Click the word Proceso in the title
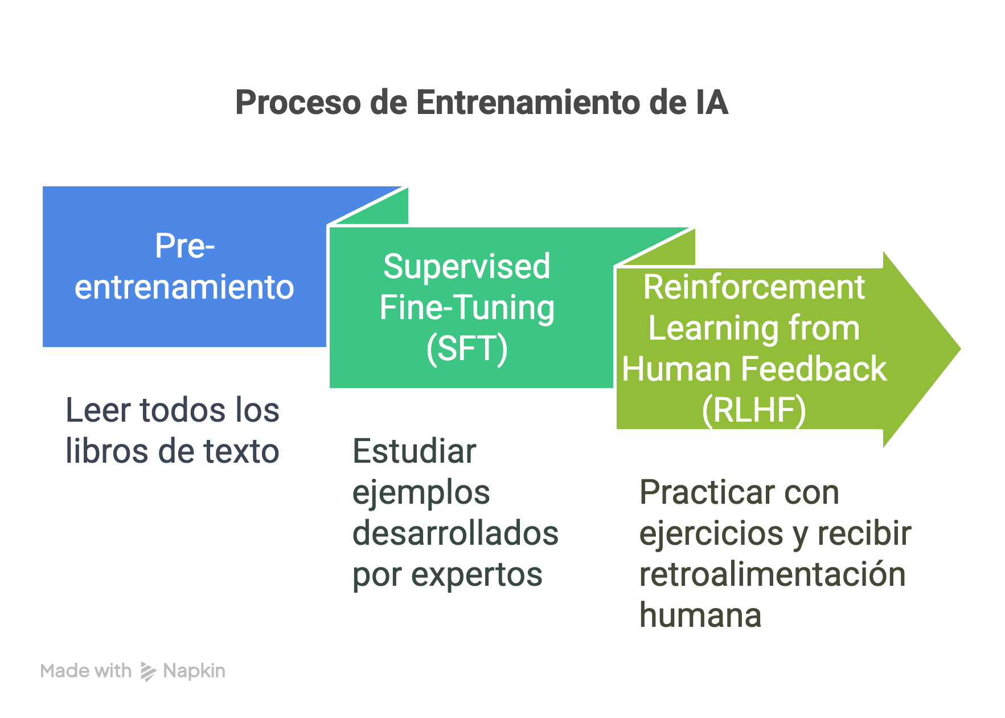(298, 103)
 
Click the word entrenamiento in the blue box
(184, 287)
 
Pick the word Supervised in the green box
(466, 266)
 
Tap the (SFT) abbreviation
(466, 348)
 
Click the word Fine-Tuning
(466, 308)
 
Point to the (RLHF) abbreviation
(753, 410)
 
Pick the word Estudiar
(414, 451)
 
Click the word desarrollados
(455, 533)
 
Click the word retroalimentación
(772, 574)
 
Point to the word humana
(700, 615)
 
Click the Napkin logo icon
(148, 671)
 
